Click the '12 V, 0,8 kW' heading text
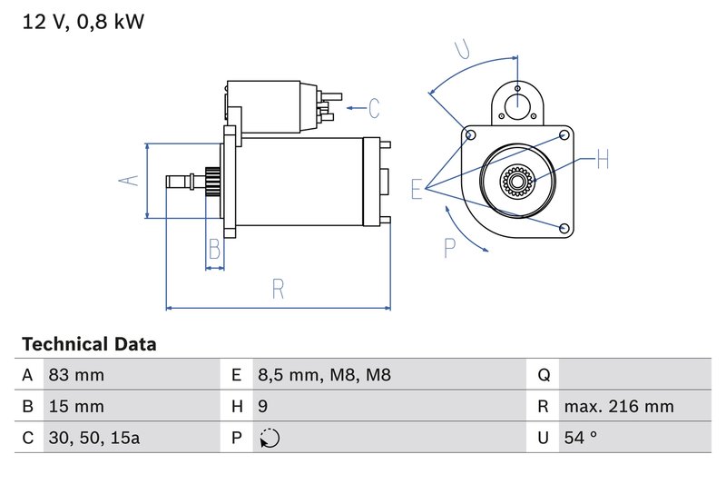click(83, 22)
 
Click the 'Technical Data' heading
click(89, 344)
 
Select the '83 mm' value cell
click(76, 375)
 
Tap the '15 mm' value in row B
click(76, 406)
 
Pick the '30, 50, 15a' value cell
click(94, 438)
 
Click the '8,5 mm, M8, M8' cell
click(324, 375)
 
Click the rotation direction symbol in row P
click(270, 438)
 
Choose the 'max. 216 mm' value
click(618, 406)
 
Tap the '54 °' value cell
click(580, 438)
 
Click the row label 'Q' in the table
click(544, 375)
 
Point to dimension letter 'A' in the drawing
click(130, 180)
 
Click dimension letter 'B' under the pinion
click(215, 248)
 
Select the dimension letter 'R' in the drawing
click(279, 289)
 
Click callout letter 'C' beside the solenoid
click(374, 108)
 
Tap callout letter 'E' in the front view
click(417, 189)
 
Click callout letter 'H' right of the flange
click(603, 161)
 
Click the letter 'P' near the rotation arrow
click(449, 246)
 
